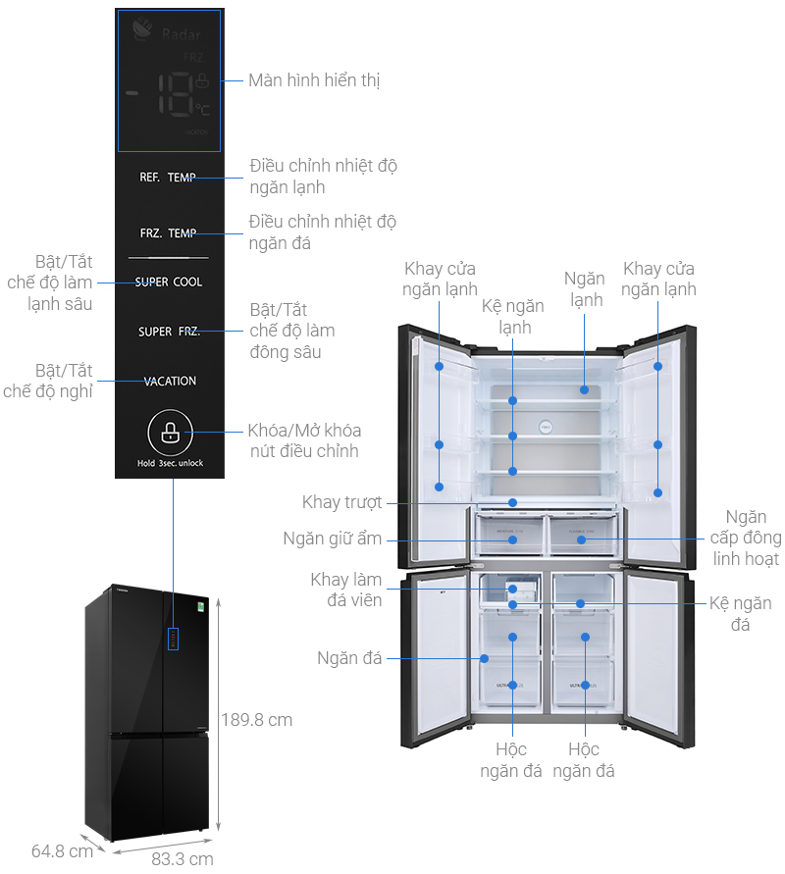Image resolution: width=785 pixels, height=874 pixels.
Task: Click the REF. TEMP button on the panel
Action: [168, 178]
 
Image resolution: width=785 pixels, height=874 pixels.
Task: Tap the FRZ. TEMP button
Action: [168, 233]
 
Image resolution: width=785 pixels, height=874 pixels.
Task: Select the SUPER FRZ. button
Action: [169, 332]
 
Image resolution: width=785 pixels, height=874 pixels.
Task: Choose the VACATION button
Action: [170, 381]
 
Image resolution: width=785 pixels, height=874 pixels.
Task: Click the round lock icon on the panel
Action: [170, 432]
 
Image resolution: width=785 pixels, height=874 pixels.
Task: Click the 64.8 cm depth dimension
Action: [62, 850]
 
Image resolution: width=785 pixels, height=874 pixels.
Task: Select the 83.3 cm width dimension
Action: [182, 859]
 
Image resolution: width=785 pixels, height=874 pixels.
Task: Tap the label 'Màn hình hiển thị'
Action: [314, 80]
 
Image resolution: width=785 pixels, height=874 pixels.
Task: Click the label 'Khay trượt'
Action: [341, 502]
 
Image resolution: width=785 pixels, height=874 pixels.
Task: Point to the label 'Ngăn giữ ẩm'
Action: [333, 539]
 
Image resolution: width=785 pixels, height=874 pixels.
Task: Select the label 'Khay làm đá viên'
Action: [345, 590]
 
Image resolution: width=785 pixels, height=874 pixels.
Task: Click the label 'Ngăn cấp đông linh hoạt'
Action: [747, 538]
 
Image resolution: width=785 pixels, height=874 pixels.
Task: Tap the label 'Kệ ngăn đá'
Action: [740, 613]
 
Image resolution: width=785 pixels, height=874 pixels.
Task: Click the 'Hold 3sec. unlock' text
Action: [170, 463]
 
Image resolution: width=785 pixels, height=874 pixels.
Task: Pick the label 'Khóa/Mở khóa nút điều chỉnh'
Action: [304, 441]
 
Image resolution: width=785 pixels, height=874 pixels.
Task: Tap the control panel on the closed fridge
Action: [173, 639]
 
